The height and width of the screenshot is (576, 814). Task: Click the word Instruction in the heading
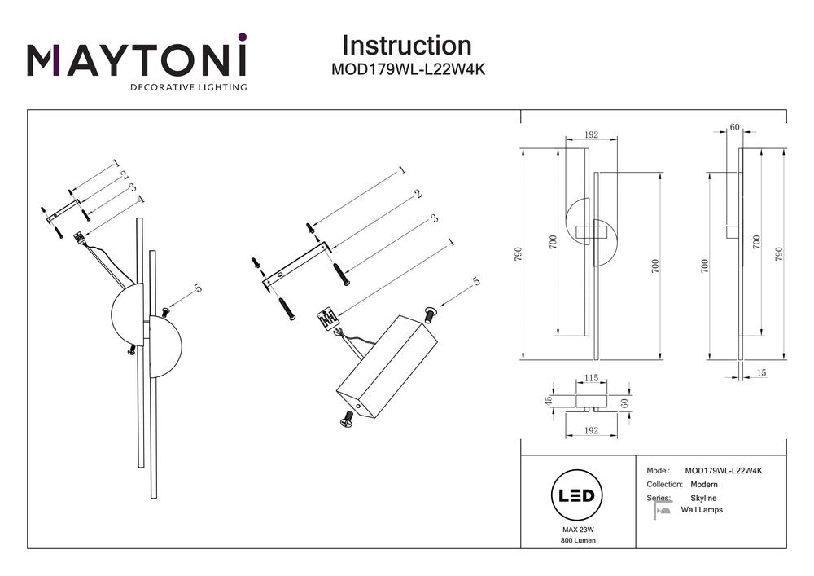406,46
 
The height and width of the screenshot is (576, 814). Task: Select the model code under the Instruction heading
408,70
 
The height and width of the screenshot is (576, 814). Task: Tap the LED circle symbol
576,495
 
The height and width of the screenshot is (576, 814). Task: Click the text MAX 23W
576,530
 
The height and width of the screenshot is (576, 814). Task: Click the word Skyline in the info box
703,498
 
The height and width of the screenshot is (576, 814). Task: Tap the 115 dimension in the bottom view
591,378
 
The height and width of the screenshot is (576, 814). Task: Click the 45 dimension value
549,401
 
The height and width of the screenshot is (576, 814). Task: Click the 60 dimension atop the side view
734,127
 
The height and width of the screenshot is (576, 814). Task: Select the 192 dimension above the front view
592,135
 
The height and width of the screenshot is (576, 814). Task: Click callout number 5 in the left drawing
198,288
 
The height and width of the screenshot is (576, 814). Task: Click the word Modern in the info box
704,484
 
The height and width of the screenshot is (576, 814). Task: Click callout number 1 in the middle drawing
401,171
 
